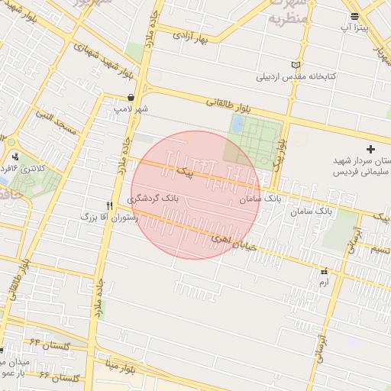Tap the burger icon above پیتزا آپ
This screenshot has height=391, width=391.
[354, 15]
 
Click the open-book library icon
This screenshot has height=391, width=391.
[296, 66]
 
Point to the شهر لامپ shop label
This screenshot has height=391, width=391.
[131, 109]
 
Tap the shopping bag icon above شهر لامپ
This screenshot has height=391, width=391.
[131, 98]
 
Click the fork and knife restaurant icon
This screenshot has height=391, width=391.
[110, 205]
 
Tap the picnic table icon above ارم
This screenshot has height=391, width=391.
[325, 271]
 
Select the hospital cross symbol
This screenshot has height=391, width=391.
[371, 148]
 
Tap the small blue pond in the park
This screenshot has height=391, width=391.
[238, 124]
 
